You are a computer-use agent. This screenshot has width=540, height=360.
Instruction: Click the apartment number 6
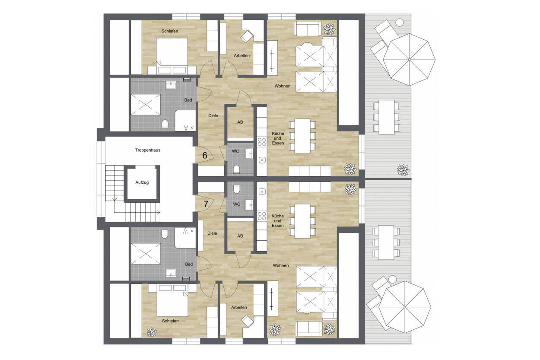(x=205, y=155)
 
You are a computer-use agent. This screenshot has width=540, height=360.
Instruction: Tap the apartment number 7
(x=206, y=204)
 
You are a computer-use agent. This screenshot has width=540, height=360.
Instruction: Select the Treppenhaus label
(x=148, y=150)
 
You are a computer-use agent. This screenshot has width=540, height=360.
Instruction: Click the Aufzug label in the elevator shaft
(x=142, y=182)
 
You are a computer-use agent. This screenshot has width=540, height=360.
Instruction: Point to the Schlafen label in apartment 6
(x=170, y=31)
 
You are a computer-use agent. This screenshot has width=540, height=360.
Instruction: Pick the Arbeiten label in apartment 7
(x=239, y=307)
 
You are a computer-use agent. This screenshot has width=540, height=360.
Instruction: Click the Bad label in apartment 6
(x=188, y=100)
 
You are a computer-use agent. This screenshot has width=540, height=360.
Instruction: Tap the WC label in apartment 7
(x=236, y=204)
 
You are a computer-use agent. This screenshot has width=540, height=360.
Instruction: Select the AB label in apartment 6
(x=240, y=122)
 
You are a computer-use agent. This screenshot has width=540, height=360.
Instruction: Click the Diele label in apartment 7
(x=212, y=233)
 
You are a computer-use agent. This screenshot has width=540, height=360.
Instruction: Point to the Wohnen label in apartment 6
(x=282, y=86)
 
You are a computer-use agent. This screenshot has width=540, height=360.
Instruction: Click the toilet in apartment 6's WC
(x=236, y=169)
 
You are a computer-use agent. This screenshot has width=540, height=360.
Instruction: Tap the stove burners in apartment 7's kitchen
(x=262, y=216)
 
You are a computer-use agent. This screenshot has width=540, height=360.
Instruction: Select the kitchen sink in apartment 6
(x=262, y=159)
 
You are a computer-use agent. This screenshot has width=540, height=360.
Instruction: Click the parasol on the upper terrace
(x=409, y=59)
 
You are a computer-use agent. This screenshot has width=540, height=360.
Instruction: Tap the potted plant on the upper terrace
(x=403, y=170)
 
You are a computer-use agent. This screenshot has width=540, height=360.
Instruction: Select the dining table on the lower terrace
(x=386, y=242)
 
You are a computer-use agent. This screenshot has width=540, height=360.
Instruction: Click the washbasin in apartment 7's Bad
(x=171, y=273)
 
